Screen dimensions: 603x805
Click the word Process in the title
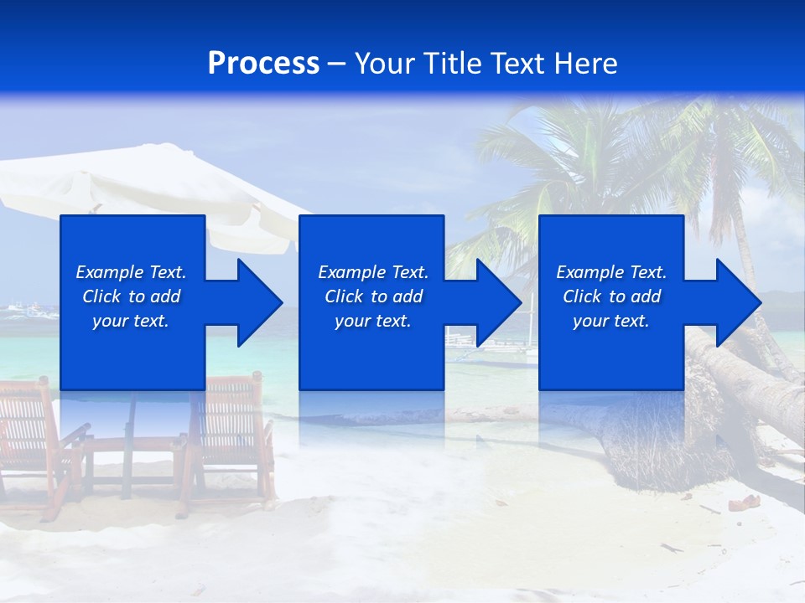[263, 64]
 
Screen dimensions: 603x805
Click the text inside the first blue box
[132, 296]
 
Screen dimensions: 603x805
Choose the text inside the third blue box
[611, 296]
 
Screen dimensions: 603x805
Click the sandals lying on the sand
[740, 503]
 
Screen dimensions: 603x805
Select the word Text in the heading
[520, 64]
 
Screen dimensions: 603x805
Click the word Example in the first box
[109, 272]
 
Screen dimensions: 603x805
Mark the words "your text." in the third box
[611, 321]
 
